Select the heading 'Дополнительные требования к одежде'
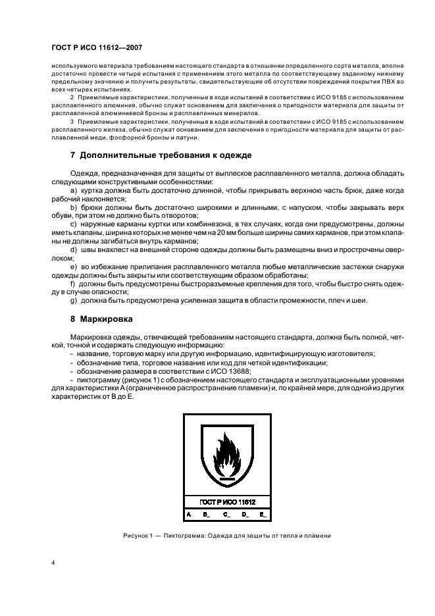coord(165,155)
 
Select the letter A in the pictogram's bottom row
coord(189,513)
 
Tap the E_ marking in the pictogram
coord(263,513)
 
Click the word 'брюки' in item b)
coord(93,207)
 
